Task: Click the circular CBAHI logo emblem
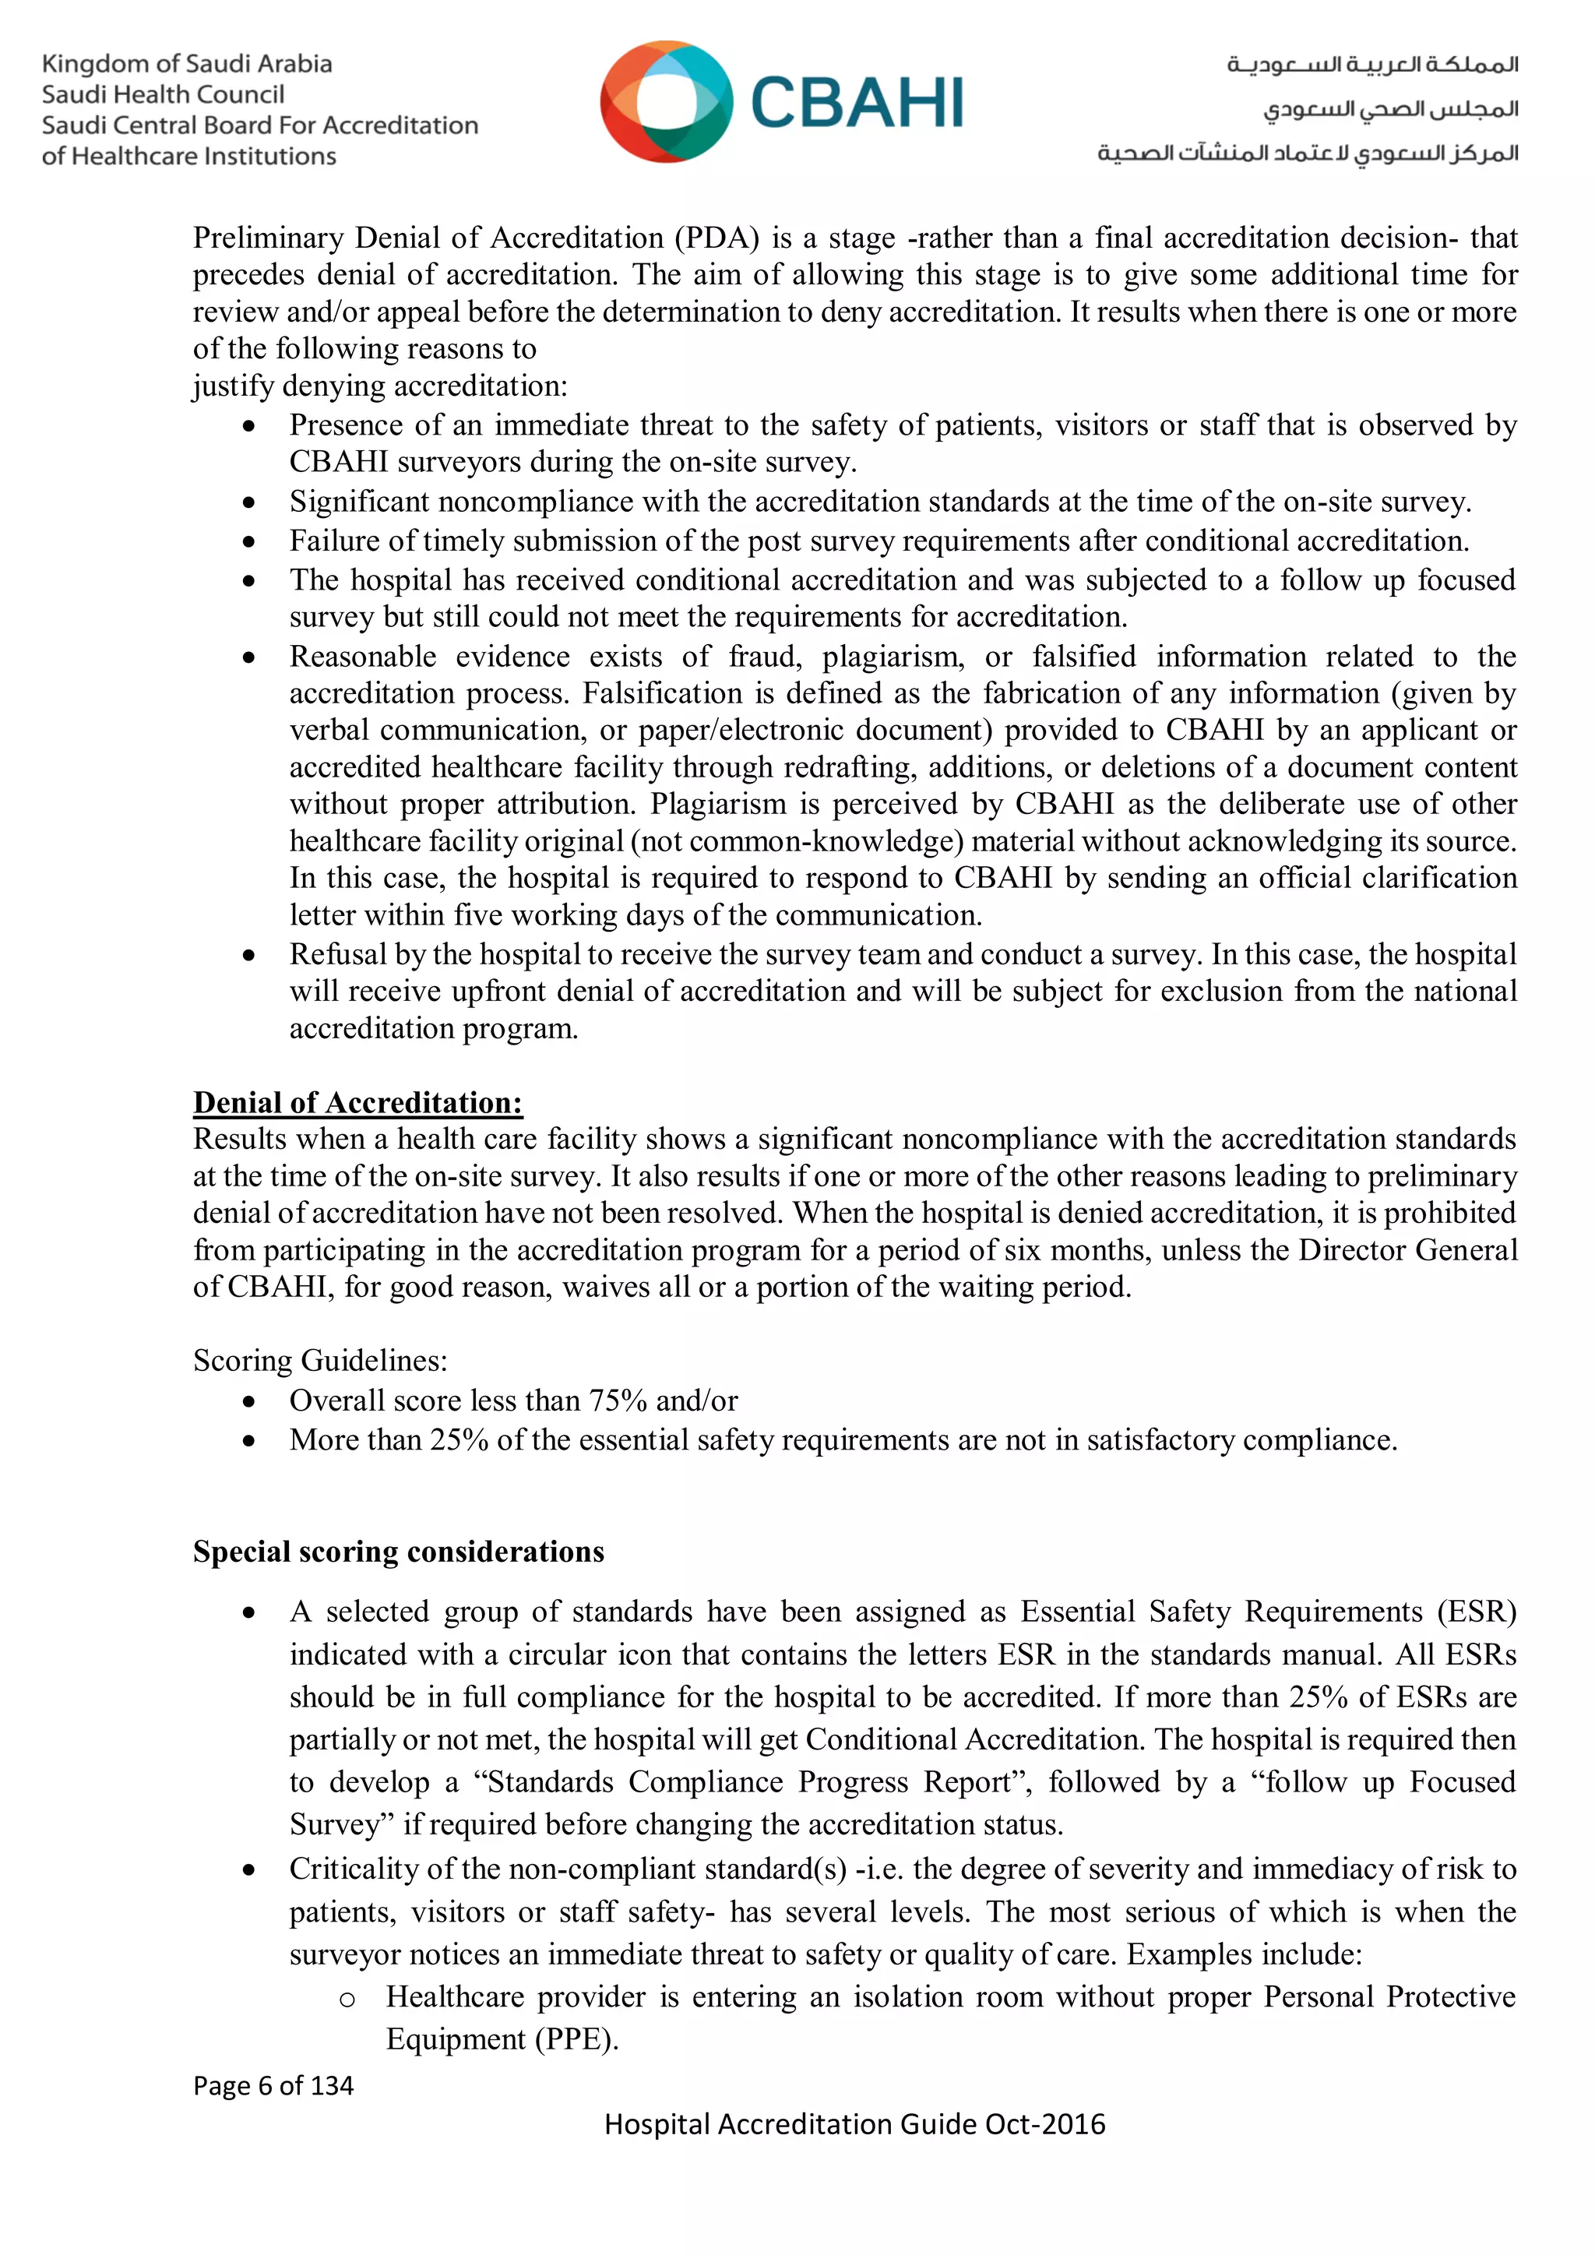pos(666,101)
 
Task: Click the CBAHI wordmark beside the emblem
pos(857,103)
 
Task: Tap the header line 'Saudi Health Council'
pos(163,94)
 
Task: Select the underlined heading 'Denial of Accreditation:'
pos(357,1102)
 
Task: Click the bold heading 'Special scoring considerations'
pos(398,1551)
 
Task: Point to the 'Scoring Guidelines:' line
pos(320,1360)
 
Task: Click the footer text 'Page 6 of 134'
pos(273,2085)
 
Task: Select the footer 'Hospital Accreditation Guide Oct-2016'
pos(854,2124)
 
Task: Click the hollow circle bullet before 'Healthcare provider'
pos(347,1999)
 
